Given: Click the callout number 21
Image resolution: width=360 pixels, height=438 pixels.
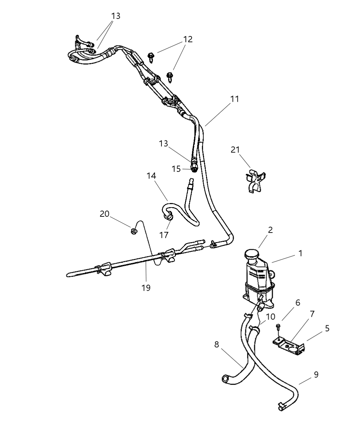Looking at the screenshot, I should [235, 150].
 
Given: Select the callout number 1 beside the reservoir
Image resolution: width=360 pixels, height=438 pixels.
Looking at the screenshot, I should [300, 254].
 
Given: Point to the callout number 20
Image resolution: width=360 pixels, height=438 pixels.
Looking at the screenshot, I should [104, 214].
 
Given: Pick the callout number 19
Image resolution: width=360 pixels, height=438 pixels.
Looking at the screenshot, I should [146, 288].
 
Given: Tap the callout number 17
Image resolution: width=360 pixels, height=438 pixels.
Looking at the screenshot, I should [164, 235].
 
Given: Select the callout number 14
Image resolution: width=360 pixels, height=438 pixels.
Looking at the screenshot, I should [151, 176].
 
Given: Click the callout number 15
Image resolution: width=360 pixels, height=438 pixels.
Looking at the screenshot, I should [176, 169].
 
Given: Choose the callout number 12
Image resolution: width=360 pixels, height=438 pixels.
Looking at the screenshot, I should [188, 39].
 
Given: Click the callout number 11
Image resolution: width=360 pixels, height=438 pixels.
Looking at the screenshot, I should [234, 99].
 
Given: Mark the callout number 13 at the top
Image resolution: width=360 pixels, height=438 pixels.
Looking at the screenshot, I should [116, 16].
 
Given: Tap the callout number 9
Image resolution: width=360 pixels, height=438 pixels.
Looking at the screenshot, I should [316, 374].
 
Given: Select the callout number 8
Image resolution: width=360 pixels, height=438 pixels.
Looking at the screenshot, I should [216, 344].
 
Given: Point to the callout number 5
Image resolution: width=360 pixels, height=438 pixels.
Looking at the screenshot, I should [327, 328].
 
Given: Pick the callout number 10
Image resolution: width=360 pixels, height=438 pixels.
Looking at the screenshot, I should [270, 316].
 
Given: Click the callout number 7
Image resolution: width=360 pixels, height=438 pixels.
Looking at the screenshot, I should [312, 314].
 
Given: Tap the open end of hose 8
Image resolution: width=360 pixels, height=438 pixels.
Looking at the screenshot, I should [225, 379].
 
